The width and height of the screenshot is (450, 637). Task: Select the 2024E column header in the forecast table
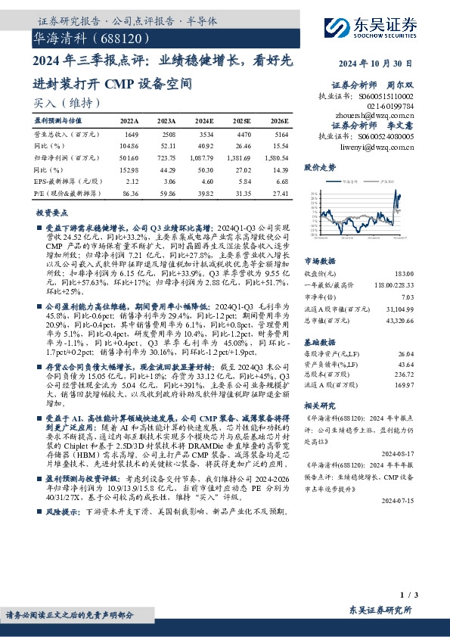[x=205, y=120]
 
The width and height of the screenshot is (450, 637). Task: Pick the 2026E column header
[x=279, y=120]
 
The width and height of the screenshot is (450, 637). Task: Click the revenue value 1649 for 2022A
[x=130, y=132]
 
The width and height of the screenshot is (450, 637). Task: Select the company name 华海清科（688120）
[x=82, y=36]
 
